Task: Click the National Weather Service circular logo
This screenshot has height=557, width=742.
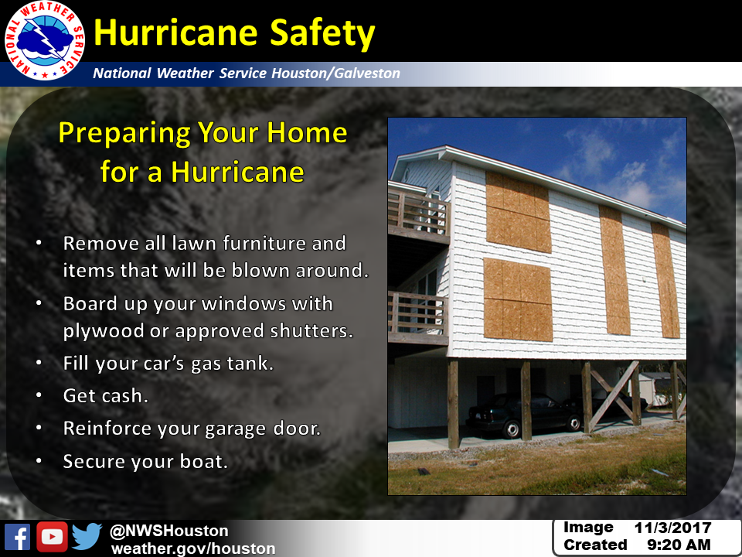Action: tap(45, 41)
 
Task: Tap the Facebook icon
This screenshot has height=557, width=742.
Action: tap(18, 537)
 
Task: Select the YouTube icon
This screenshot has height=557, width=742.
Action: tap(52, 537)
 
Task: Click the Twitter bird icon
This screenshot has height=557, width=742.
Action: tap(87, 536)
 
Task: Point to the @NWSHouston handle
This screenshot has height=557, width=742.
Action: tap(169, 531)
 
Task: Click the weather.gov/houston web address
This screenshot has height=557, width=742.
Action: tap(193, 548)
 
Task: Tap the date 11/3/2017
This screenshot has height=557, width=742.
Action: tap(672, 528)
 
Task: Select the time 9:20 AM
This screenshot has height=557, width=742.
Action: tap(679, 545)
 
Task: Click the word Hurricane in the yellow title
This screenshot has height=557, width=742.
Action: tap(175, 32)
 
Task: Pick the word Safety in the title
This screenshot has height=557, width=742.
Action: tap(322, 34)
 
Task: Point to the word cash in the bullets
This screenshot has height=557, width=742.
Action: tap(125, 395)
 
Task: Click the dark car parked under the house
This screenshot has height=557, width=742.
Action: tap(523, 414)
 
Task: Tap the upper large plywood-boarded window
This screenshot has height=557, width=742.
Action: tap(518, 212)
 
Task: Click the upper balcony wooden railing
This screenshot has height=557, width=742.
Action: tap(419, 214)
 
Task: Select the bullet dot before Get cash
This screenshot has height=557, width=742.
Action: tap(39, 395)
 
